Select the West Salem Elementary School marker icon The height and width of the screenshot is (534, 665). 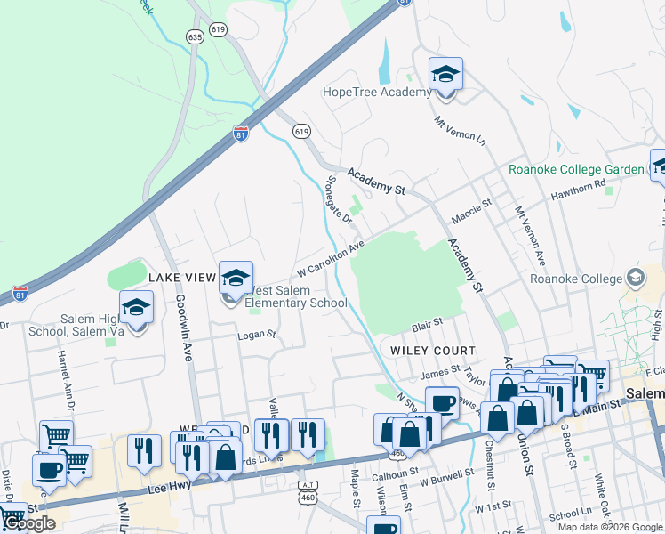[x=236, y=279]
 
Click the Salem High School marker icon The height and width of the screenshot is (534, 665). [x=136, y=308]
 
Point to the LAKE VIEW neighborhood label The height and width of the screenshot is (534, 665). [x=182, y=278]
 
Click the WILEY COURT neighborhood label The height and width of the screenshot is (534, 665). [x=429, y=351]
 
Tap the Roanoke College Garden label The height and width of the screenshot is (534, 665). [x=575, y=169]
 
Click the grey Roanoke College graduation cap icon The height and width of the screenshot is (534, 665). [x=636, y=278]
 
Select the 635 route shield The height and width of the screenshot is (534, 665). [x=196, y=36]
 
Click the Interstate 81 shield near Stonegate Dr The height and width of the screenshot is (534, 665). [x=241, y=133]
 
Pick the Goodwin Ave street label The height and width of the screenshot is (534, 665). [x=184, y=324]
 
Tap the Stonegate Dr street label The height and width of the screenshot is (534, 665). [x=333, y=196]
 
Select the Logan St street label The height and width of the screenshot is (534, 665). [x=258, y=336]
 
